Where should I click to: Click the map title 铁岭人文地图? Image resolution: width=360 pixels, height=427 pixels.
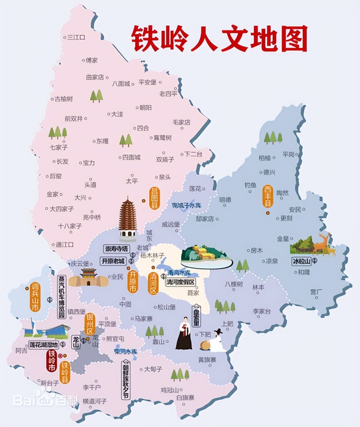point(219,38)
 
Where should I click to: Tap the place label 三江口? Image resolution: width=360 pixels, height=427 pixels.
point(76,37)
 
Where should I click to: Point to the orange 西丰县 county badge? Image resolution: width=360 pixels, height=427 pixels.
point(268,196)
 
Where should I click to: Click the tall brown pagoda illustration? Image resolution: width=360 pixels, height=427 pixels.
point(128,219)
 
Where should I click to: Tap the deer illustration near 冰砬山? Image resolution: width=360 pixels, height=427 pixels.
point(324,244)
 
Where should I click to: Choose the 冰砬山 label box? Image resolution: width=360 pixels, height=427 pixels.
point(302,261)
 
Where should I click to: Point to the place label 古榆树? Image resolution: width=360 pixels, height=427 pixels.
point(64,99)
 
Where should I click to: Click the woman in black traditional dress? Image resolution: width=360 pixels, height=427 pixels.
point(183,333)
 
